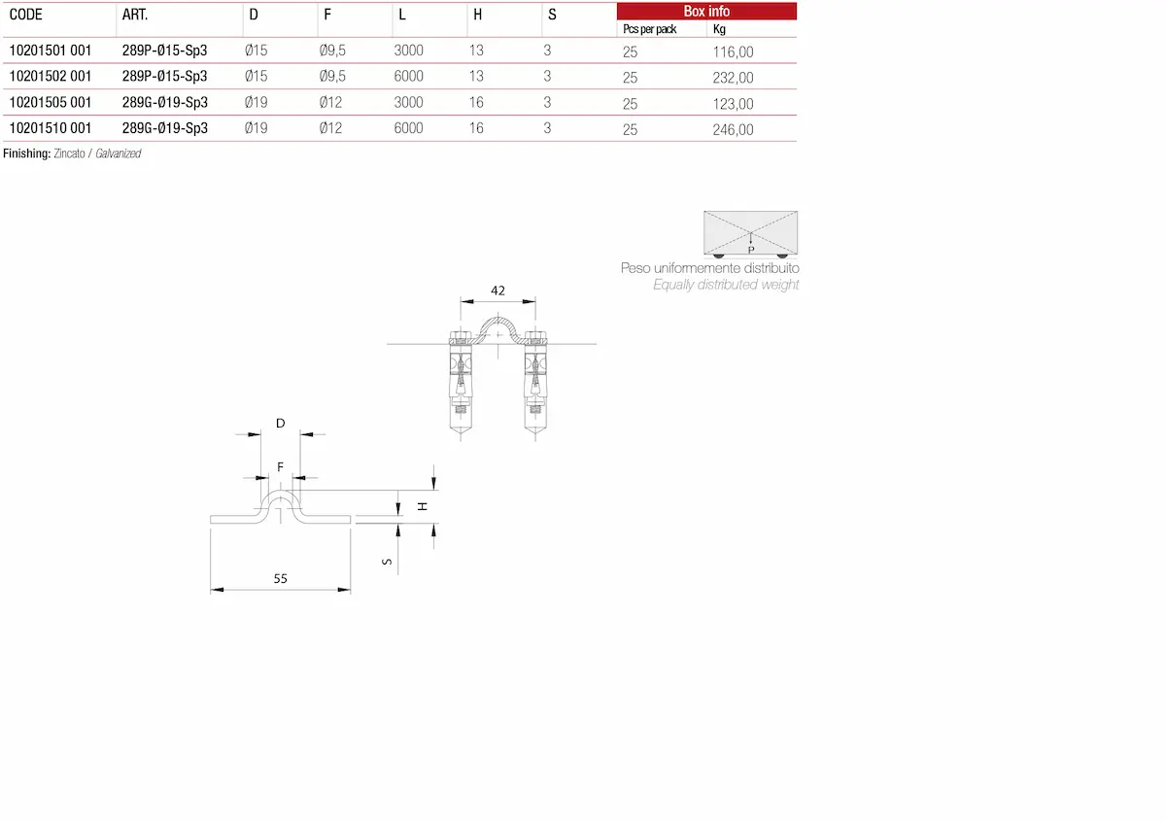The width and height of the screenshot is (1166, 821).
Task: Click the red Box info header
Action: (706, 12)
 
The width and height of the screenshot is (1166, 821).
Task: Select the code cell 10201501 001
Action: (51, 51)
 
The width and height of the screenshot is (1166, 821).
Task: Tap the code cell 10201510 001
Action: (51, 128)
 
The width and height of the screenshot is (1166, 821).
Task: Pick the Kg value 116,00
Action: (733, 52)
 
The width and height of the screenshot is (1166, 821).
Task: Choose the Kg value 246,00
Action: (733, 129)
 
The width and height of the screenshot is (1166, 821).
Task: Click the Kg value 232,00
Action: (733, 78)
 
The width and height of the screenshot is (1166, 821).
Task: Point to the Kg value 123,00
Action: (733, 104)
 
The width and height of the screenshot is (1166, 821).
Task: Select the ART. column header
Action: (135, 15)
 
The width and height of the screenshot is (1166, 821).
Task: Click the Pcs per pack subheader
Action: (650, 29)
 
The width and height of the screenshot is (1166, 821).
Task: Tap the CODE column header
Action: (26, 15)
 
